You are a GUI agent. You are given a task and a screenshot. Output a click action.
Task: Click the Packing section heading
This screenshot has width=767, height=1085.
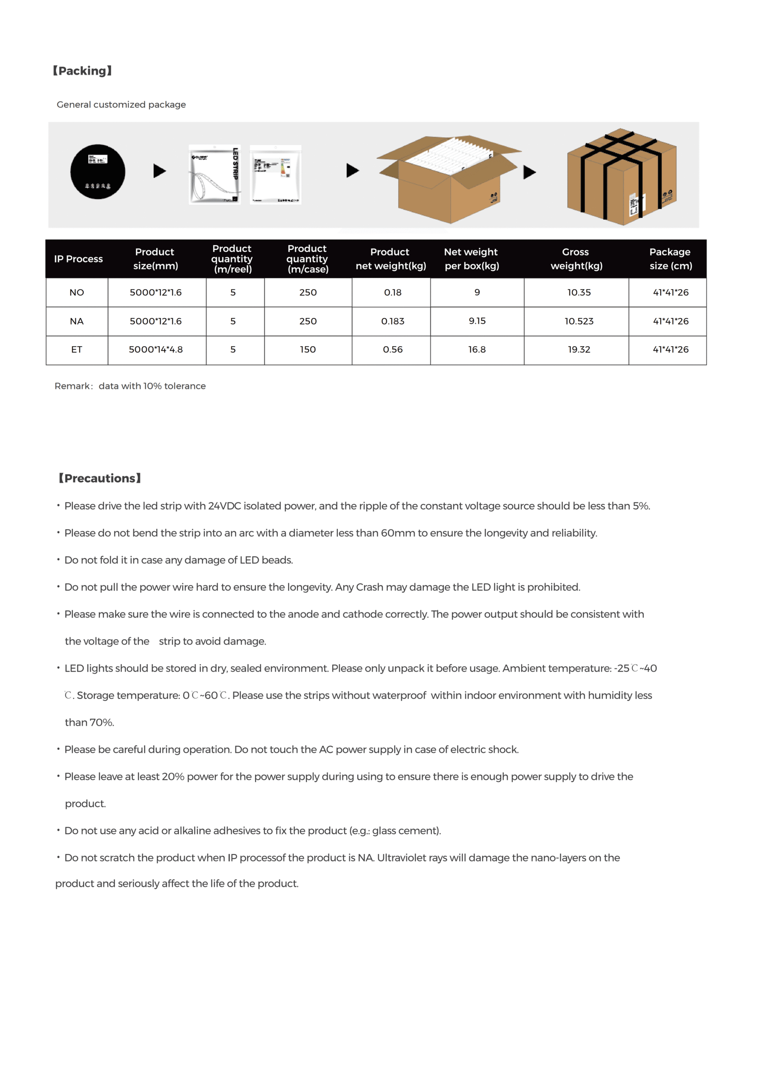82,71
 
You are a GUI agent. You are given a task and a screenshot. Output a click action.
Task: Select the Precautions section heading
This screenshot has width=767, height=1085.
100,478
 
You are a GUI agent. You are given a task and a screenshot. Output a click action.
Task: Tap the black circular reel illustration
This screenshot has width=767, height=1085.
98,172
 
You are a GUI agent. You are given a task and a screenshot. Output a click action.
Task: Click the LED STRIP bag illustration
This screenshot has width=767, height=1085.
214,175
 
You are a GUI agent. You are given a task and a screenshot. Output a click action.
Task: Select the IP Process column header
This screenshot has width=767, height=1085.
78,259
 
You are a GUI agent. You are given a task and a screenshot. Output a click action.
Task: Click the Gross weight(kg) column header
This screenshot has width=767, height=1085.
576,259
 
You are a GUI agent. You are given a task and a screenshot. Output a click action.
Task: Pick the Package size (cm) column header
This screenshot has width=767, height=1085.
670,259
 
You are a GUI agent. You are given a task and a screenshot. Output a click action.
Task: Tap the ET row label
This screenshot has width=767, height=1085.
77,350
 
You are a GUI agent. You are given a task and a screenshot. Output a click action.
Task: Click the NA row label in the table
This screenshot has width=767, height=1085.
77,321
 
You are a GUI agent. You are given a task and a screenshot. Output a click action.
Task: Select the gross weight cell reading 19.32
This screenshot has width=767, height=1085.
579,350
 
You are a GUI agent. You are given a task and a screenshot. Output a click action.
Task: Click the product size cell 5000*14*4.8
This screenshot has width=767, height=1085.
156,350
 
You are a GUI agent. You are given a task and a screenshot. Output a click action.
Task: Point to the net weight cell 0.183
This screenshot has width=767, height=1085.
393,321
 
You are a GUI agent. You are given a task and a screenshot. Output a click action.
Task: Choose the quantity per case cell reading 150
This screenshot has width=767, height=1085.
308,350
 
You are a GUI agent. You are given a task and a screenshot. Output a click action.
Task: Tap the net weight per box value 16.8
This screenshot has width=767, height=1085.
477,350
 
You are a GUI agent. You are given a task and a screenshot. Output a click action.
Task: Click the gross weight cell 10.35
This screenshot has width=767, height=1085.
579,292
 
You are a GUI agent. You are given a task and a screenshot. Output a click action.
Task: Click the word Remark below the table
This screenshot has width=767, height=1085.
72,386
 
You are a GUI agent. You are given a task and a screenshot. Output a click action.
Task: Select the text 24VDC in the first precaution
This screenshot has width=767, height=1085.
224,506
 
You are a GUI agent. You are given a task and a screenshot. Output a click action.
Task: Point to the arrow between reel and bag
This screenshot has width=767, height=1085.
159,171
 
